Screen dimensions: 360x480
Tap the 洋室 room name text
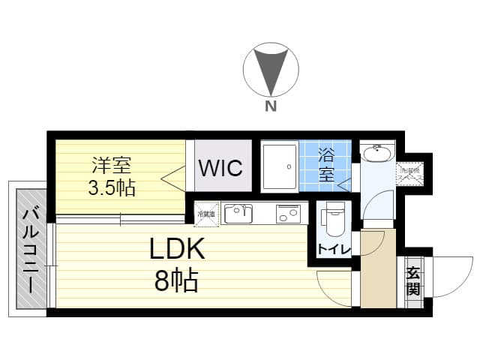(x=111, y=163)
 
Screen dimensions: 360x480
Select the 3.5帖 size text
(x=111, y=187)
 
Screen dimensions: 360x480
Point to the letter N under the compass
(x=269, y=106)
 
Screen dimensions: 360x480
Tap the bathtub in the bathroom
(x=279, y=165)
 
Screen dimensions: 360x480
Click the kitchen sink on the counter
(x=238, y=213)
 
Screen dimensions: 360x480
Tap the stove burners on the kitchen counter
(x=287, y=213)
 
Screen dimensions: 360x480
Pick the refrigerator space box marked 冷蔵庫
(x=206, y=213)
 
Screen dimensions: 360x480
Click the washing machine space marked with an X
(x=409, y=173)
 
